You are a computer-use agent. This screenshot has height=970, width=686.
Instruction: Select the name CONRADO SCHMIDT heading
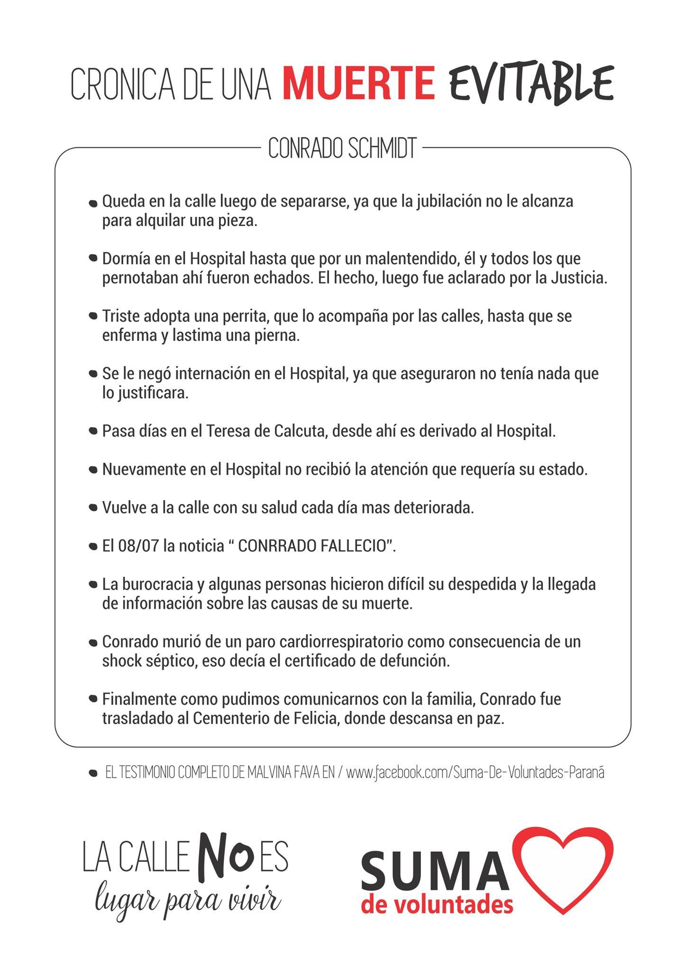tap(342, 149)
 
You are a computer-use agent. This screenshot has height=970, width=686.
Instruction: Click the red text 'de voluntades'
tap(437, 904)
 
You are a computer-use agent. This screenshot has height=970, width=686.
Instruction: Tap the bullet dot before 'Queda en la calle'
tap(93, 203)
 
